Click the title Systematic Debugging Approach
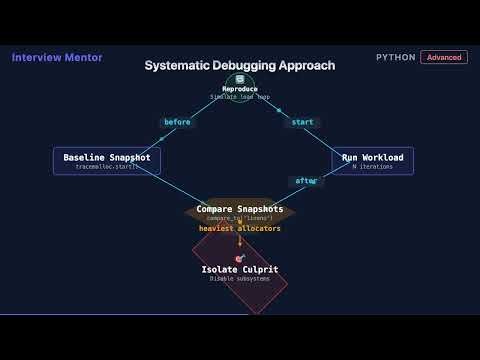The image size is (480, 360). (x=239, y=65)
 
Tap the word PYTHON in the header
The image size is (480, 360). (x=396, y=57)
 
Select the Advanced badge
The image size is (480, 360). (x=443, y=57)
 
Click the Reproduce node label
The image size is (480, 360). (x=239, y=89)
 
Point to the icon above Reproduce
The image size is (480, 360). (x=240, y=79)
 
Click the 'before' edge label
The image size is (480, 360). (x=176, y=122)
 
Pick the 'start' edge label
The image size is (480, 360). (x=302, y=122)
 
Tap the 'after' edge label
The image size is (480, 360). (x=304, y=181)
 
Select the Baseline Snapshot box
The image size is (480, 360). (x=106, y=161)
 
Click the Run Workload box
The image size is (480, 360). (x=372, y=161)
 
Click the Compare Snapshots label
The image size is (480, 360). (x=239, y=209)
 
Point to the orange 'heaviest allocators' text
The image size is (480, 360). (x=239, y=228)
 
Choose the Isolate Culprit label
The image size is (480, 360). (x=239, y=270)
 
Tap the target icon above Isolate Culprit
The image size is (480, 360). (x=239, y=258)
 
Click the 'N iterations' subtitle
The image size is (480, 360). (x=372, y=166)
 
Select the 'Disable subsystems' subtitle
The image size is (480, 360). (x=239, y=279)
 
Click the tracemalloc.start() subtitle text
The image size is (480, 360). (x=106, y=166)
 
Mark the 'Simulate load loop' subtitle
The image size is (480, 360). (x=239, y=97)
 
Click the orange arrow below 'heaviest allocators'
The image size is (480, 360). (x=239, y=241)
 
